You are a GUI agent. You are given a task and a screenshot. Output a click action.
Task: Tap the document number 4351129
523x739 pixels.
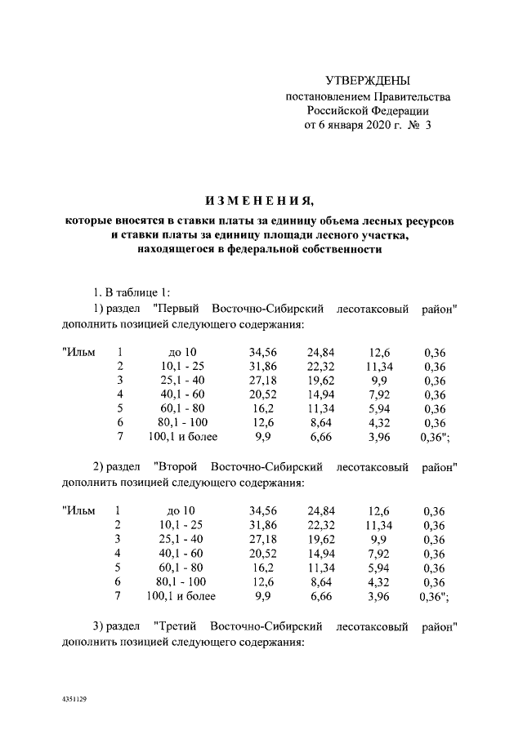click(x=74, y=700)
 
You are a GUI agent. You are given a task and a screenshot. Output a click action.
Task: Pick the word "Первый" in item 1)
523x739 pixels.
click(x=178, y=309)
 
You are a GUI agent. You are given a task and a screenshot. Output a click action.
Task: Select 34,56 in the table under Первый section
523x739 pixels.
click(x=262, y=353)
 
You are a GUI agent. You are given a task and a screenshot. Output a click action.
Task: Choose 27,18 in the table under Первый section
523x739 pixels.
click(x=262, y=381)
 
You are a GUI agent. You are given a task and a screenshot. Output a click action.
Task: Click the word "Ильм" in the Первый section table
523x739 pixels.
click(x=80, y=353)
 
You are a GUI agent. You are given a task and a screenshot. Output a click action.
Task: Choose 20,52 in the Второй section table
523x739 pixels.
click(x=262, y=554)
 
